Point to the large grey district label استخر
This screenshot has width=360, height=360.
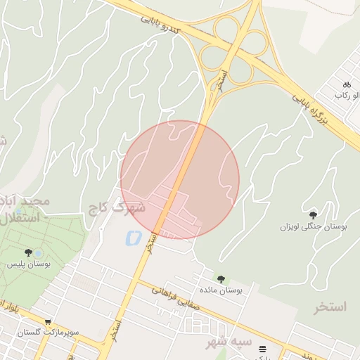pyautogui.click(x=331, y=307)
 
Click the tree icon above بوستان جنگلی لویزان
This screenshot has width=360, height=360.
pyautogui.click(x=313, y=214)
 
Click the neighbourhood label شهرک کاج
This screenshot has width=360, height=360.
pyautogui.click(x=116, y=208)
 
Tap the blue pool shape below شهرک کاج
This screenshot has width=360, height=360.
pyautogui.click(x=131, y=238)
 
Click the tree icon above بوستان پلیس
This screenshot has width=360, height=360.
pyautogui.click(x=28, y=252)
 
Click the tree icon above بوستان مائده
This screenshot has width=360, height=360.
pyautogui.click(x=221, y=278)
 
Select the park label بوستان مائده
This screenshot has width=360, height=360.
pyautogui.click(x=223, y=290)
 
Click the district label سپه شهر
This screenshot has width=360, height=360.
pyautogui.click(x=229, y=342)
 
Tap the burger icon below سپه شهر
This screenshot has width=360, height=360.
pyautogui.click(x=262, y=348)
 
